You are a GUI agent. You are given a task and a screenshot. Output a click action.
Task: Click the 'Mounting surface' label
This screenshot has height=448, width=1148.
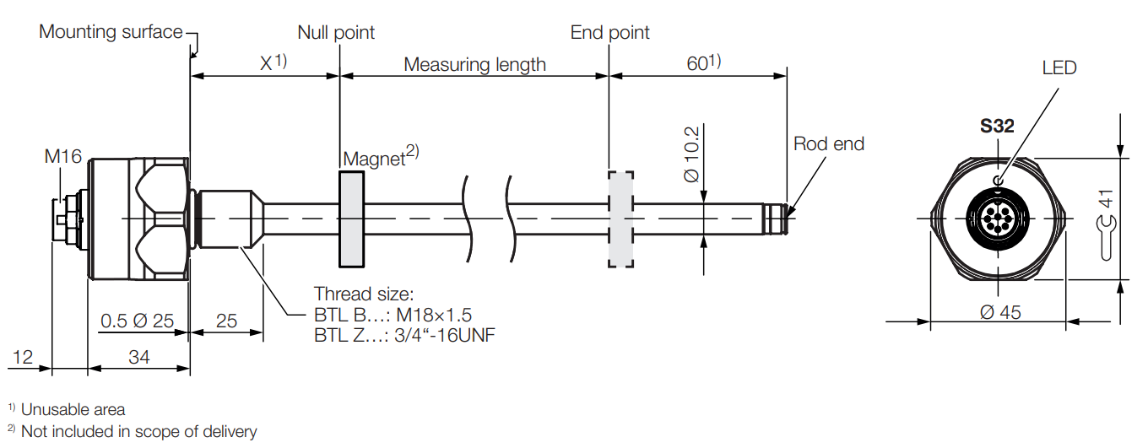click(x=111, y=32)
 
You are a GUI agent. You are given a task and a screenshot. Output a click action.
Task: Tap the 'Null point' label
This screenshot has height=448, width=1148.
click(x=336, y=32)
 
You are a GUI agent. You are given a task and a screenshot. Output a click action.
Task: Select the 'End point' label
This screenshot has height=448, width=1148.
click(x=609, y=32)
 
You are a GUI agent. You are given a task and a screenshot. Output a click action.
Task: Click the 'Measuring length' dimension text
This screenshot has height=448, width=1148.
click(x=474, y=64)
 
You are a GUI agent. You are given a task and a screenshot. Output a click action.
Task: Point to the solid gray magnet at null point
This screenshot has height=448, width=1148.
click(x=351, y=219)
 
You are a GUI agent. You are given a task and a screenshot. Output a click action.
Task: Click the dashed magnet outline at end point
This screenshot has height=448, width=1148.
click(x=620, y=219)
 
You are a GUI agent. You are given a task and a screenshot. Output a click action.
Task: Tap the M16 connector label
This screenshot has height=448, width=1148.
click(x=63, y=156)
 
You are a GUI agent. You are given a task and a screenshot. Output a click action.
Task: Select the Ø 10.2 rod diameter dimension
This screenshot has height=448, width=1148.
click(x=692, y=154)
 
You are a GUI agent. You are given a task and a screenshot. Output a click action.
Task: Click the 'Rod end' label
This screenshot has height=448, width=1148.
click(x=829, y=144)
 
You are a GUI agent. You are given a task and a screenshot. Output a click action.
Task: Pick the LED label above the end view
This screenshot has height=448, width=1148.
click(x=1059, y=67)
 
